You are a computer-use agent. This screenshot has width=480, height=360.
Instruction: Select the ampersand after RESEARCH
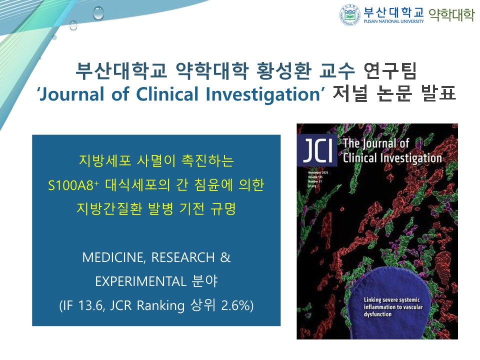pos(225,257)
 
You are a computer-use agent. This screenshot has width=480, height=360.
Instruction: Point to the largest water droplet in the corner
pos(98,12)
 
